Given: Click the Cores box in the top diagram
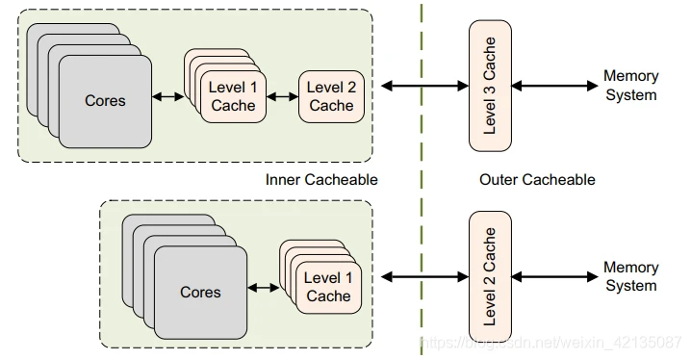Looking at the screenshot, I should tap(105, 101).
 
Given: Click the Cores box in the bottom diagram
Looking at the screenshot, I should tap(200, 292).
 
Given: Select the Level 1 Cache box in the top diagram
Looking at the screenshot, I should tap(233, 96).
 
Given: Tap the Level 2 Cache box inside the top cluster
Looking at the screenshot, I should tap(332, 96).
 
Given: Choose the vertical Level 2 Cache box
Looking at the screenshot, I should tap(490, 276).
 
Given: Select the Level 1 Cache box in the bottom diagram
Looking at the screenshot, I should tap(328, 287).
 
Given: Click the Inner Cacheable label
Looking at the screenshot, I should tap(321, 180).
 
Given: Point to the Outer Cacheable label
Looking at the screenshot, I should tap(537, 180).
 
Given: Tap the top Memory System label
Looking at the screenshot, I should tap(630, 86).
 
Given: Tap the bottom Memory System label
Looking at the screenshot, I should tap(630, 276).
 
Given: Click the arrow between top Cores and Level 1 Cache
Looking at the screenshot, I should tap(167, 96).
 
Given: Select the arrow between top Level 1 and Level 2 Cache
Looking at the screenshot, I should tap(283, 96).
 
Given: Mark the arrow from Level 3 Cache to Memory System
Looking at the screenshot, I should tap(553, 86).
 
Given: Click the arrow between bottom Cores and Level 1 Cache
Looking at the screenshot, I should tap(263, 287).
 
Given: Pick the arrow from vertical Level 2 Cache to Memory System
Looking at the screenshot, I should tap(553, 277).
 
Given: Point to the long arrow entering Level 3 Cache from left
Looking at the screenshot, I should tap(423, 86).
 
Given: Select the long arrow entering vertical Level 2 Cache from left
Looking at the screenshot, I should tap(423, 277).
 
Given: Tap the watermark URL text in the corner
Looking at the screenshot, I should tap(553, 343).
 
